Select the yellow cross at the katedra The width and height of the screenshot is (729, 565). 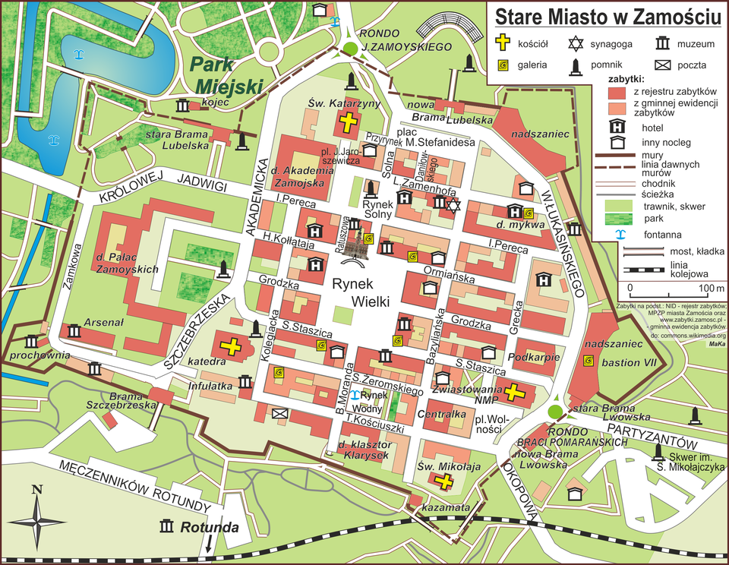pyautogui.click(x=231, y=347)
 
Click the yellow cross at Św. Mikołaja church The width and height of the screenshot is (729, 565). pyautogui.click(x=443, y=481)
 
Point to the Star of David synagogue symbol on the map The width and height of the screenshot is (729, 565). pyautogui.click(x=453, y=205)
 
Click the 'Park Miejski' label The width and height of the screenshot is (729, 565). pyautogui.click(x=227, y=74)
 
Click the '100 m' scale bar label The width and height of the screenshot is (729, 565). pyautogui.click(x=710, y=288)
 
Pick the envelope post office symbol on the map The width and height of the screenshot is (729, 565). pyautogui.click(x=279, y=413)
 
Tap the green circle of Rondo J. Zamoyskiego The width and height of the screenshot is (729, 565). pyautogui.click(x=350, y=49)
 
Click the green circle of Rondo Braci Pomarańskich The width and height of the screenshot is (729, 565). pyautogui.click(x=556, y=411)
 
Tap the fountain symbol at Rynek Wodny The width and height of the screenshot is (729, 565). pyautogui.click(x=354, y=394)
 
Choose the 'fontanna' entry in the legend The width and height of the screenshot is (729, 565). pyautogui.click(x=660, y=234)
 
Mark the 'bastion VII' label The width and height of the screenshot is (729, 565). pyautogui.click(x=629, y=363)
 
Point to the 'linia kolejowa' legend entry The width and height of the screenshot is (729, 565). pyautogui.click(x=690, y=268)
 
